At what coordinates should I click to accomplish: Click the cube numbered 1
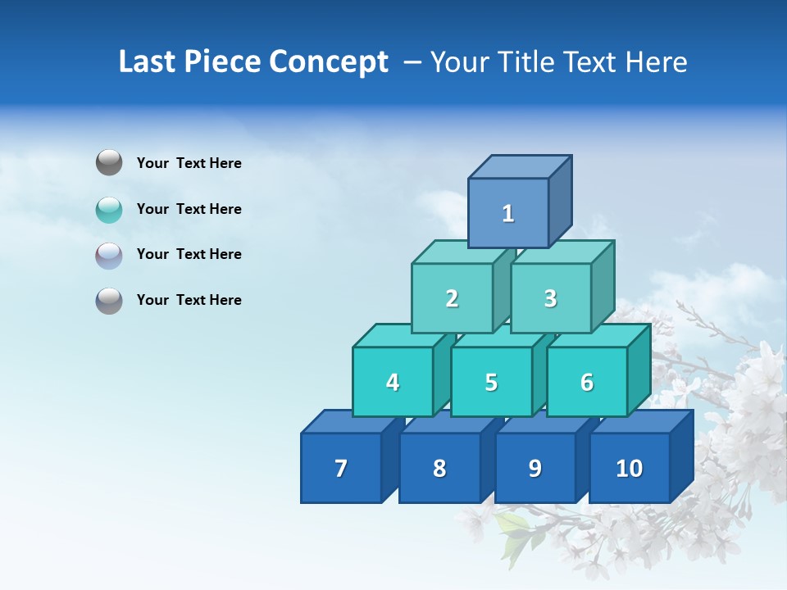(508, 213)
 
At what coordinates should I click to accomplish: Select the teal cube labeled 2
(452, 298)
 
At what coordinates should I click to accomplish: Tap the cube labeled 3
(550, 298)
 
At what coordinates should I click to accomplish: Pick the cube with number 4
(393, 382)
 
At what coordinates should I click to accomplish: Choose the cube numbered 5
(491, 382)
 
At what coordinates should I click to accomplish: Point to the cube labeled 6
(587, 382)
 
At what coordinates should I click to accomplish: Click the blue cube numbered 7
(341, 468)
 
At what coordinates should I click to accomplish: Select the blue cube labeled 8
(439, 468)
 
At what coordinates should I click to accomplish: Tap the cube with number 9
(535, 468)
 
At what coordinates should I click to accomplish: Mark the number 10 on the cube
(630, 468)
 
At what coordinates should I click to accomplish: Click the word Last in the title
(145, 62)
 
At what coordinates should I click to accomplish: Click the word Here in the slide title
(655, 62)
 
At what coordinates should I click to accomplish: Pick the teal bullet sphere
(109, 210)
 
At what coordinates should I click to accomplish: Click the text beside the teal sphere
(189, 209)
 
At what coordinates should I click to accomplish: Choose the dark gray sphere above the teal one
(109, 163)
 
